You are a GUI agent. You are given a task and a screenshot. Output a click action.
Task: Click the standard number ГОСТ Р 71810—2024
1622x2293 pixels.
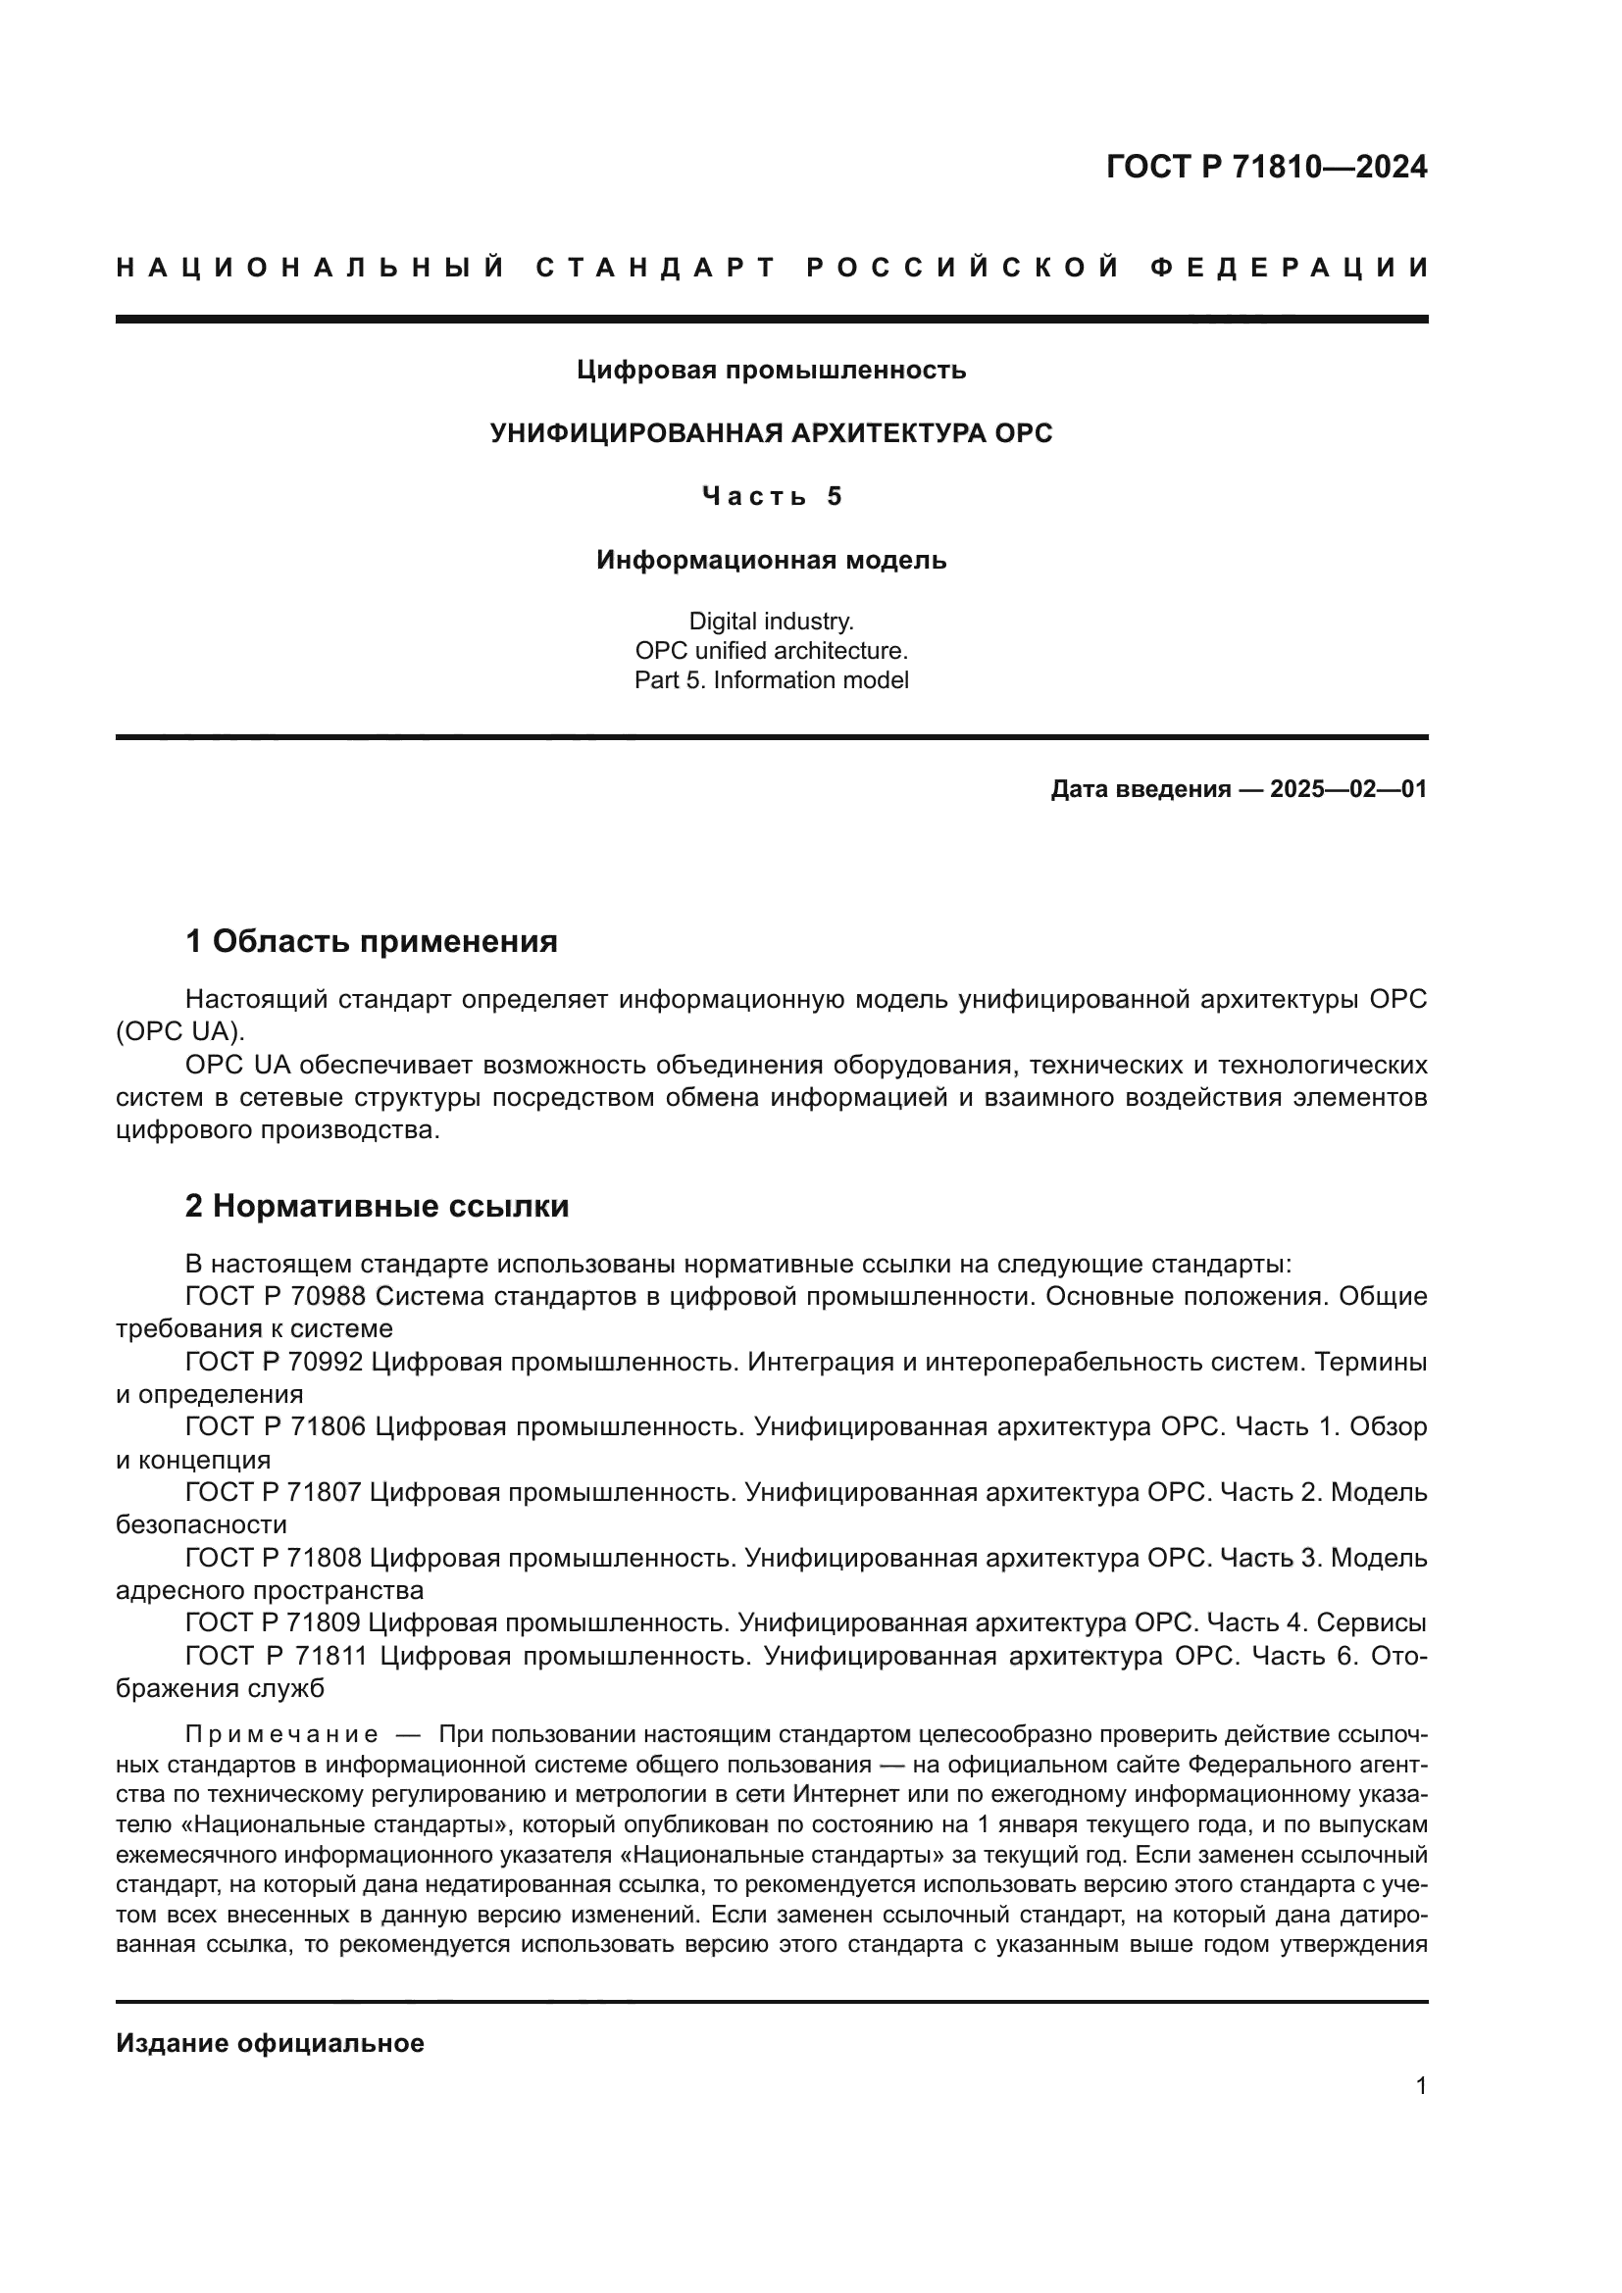pos(1265,167)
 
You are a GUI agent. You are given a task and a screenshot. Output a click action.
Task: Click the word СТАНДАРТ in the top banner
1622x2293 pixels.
pos(655,268)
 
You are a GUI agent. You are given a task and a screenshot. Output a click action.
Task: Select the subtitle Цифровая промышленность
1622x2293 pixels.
pos(771,371)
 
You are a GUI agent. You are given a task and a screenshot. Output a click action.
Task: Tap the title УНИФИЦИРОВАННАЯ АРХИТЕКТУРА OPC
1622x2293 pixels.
pos(771,433)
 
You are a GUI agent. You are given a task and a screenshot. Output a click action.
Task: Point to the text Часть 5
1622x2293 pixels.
pos(771,496)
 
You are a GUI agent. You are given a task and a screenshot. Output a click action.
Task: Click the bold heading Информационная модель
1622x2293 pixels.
pos(771,561)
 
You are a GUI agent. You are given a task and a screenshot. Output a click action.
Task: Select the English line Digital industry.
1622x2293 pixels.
pos(771,622)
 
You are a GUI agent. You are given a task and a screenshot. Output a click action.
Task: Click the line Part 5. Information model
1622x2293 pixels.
pos(771,680)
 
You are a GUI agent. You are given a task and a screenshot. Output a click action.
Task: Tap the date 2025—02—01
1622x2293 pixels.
pos(1347,789)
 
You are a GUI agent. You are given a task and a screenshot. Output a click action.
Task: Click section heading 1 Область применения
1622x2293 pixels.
pos(371,941)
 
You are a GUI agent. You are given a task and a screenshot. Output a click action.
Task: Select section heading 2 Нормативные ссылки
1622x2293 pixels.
pos(377,1206)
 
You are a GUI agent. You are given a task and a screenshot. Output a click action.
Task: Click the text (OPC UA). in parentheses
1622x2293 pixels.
pos(179,1031)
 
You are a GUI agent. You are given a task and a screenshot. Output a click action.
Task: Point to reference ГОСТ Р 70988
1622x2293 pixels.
pos(275,1296)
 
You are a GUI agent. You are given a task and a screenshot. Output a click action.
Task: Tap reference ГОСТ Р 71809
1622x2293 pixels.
pos(275,1621)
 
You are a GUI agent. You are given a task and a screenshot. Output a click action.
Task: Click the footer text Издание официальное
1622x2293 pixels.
pos(270,2043)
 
